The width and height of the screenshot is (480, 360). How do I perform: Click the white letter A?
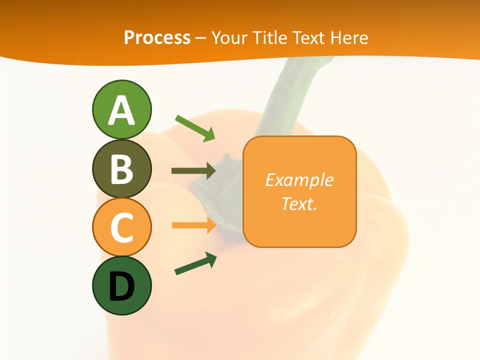pos(121,110)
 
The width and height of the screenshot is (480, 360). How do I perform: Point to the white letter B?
pos(121,169)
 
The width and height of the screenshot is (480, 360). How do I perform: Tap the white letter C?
pos(121,227)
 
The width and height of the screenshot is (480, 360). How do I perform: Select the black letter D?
pos(121,286)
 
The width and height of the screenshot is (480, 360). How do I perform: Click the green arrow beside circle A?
pos(195,127)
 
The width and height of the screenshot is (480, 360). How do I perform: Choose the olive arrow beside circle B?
pos(193,171)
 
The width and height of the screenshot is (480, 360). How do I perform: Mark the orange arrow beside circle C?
pos(193,225)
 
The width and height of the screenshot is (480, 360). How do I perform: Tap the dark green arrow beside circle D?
pos(195,263)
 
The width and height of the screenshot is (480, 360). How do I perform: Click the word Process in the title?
pos(157,37)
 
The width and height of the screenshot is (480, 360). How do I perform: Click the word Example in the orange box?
pos(299,180)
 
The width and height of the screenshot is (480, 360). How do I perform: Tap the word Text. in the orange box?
pos(299,203)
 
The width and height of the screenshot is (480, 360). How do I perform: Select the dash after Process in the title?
pos(201,38)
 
